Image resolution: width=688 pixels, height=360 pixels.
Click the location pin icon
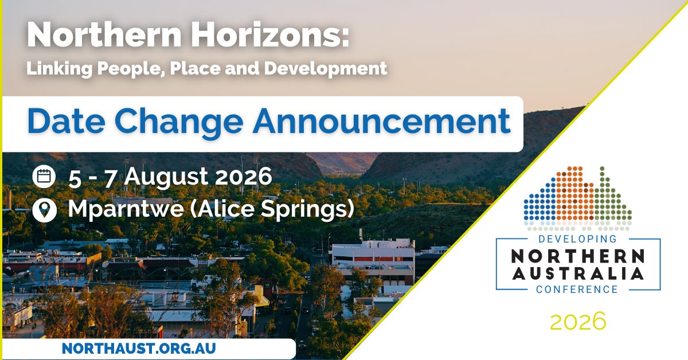(44, 209)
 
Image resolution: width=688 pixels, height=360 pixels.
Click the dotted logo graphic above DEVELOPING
(577, 195)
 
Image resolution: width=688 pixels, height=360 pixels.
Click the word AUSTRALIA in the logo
(577, 274)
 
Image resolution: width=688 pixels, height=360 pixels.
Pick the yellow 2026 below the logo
(577, 321)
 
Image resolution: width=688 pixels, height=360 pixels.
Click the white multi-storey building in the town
(373, 261)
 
